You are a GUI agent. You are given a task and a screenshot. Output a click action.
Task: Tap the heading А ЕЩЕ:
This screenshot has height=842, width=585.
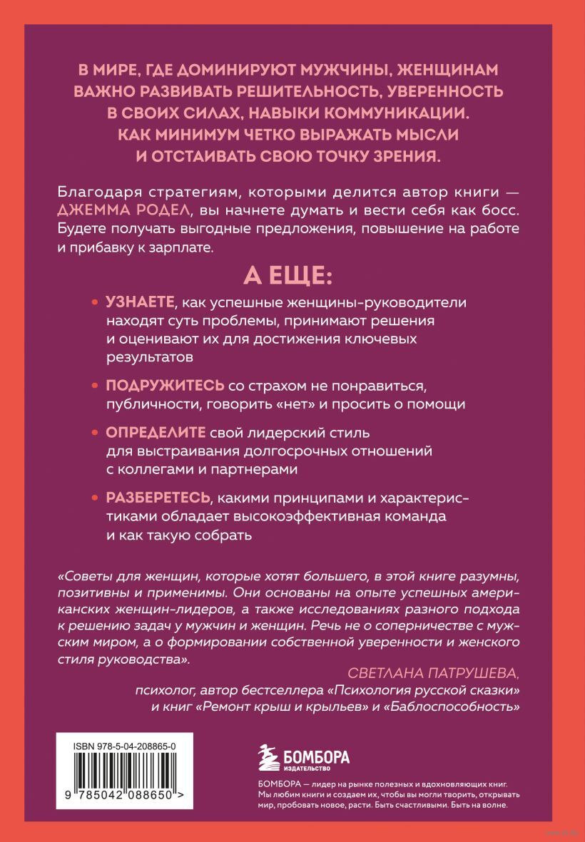tap(292, 274)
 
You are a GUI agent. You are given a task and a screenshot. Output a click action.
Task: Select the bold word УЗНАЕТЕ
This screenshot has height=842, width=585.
tap(140, 302)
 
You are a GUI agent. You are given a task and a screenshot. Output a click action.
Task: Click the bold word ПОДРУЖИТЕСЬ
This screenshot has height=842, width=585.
tap(165, 386)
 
